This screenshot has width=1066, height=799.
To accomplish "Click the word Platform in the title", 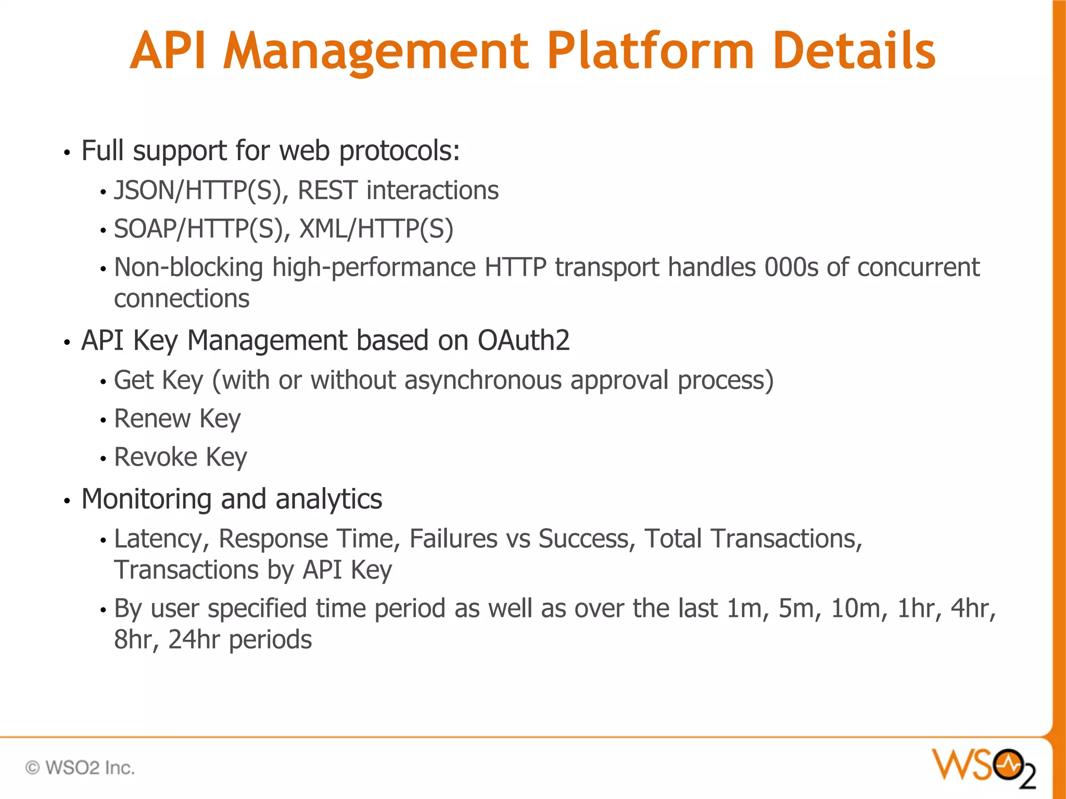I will pos(650,51).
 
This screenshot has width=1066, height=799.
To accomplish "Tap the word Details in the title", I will pos(854,51).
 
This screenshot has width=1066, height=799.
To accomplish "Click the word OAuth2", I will pos(524,341).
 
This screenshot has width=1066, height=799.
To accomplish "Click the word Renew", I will pos(152,419).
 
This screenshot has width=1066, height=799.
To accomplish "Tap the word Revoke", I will pos(155,457).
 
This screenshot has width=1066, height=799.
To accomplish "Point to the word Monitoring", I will pos(146,499).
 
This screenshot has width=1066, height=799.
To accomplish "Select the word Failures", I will pos(453,539).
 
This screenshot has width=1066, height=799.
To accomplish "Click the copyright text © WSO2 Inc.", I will pos(80,768).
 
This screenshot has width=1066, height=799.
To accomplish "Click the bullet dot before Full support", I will pos(67,153).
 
